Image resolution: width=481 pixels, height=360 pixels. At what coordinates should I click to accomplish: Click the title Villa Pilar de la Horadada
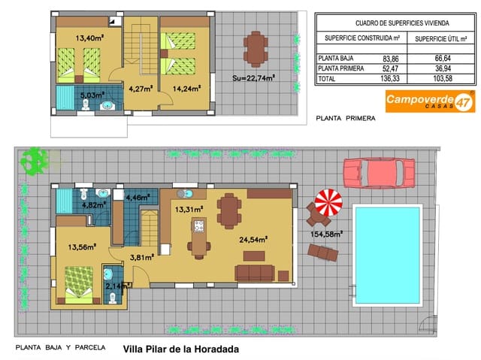click(x=180, y=349)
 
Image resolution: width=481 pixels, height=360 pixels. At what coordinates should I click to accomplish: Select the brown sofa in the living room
click(x=256, y=271)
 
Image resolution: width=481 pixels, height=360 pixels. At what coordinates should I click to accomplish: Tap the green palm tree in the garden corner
click(x=32, y=159)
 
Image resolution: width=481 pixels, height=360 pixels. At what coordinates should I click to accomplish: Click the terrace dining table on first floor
click(x=256, y=48)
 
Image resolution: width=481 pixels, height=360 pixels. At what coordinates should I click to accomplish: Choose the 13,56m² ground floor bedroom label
click(x=82, y=247)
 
